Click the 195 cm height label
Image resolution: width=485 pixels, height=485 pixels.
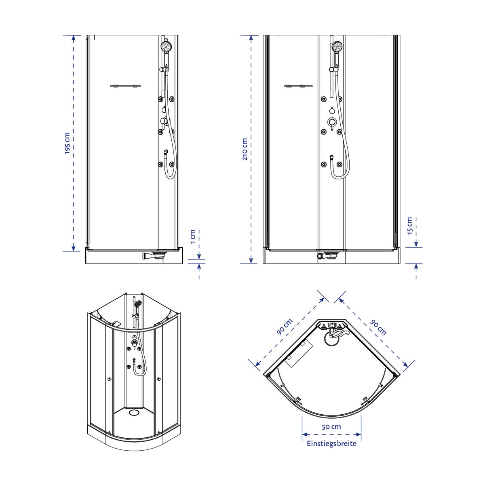coord(67,143)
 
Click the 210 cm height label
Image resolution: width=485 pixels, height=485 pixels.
coord(245,149)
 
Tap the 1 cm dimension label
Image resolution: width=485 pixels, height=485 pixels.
coord(192,236)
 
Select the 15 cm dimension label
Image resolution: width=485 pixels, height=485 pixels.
coord(410,226)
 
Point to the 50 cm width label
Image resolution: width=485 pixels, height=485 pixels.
coord(331,427)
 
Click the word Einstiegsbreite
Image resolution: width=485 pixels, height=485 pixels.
coord(331,443)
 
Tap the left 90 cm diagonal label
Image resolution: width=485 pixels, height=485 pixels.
coord(285,327)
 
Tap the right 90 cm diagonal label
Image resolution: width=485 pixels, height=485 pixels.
coord(378,327)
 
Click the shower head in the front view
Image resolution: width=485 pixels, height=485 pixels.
coord(337,46)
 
